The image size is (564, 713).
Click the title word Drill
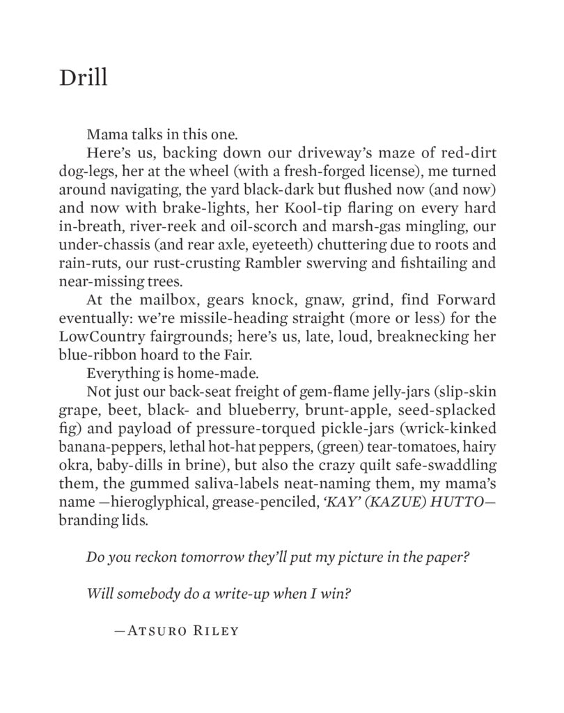click(84, 77)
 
